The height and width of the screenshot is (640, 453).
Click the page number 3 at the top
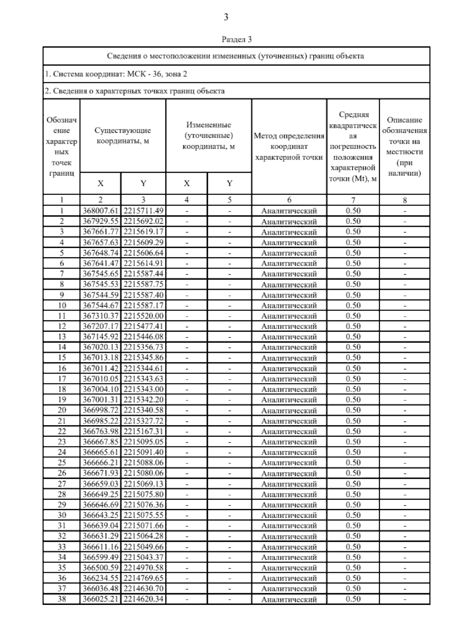click(x=226, y=17)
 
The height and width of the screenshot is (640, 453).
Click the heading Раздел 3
click(x=236, y=39)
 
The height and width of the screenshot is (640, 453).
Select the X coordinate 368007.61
click(x=100, y=211)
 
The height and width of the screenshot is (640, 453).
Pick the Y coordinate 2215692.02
click(x=143, y=221)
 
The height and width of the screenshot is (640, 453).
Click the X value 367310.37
click(x=100, y=315)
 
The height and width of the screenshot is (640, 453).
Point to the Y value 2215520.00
click(x=143, y=315)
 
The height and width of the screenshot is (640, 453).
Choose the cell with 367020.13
click(x=100, y=347)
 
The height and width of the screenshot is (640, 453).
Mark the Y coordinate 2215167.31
click(x=143, y=431)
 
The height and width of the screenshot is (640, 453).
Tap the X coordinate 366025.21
click(x=100, y=598)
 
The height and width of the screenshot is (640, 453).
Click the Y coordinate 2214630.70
click(x=143, y=588)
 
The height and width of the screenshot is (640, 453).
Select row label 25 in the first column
click(x=62, y=462)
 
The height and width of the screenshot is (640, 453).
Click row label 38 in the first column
click(x=62, y=598)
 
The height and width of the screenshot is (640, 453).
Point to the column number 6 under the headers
click(x=289, y=200)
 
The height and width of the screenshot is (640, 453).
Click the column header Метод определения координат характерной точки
click(x=289, y=146)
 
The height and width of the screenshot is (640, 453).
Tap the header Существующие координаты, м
click(x=123, y=136)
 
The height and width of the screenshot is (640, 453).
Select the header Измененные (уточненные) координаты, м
click(x=209, y=136)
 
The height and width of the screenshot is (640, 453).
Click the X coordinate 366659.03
click(x=100, y=483)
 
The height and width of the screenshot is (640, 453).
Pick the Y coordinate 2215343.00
click(x=143, y=389)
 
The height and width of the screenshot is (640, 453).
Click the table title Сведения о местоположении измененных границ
click(x=236, y=56)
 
